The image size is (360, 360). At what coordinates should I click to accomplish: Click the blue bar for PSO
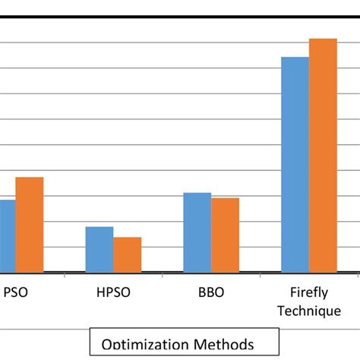pyautogui.click(x=8, y=235)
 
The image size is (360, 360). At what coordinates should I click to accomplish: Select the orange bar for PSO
pyautogui.click(x=30, y=224)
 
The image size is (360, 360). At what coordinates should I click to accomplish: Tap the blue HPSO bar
pyautogui.click(x=99, y=248)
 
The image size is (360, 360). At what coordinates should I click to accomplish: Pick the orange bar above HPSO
pyautogui.click(x=128, y=254)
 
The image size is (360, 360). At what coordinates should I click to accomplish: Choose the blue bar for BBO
pyautogui.click(x=197, y=232)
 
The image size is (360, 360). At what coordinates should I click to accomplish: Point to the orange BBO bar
pyautogui.click(x=226, y=234)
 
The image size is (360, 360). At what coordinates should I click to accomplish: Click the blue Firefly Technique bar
pyautogui.click(x=295, y=163)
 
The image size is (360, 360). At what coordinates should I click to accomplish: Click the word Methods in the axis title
pyautogui.click(x=219, y=344)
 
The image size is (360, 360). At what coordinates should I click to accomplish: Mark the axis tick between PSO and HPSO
pyautogui.click(x=65, y=276)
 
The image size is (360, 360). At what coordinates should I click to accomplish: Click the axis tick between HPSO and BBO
pyautogui.click(x=163, y=276)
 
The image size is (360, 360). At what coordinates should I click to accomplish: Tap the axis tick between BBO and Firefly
pyautogui.click(x=261, y=276)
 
